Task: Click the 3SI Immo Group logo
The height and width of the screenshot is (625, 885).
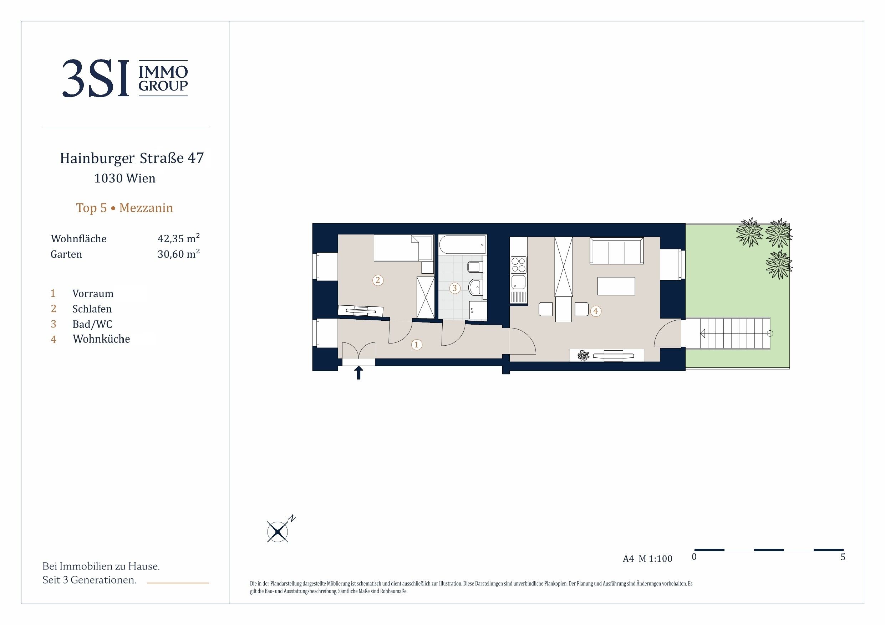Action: [x=125, y=78]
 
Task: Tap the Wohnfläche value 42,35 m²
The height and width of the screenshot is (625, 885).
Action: [x=178, y=238]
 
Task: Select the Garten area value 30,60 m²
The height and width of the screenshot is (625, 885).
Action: [x=178, y=254]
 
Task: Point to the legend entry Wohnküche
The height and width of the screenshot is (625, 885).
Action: [x=101, y=339]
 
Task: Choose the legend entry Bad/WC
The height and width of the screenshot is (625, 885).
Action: [x=92, y=324]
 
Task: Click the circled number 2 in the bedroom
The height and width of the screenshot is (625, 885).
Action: [x=378, y=280]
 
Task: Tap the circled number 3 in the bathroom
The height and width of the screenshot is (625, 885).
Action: [x=455, y=288]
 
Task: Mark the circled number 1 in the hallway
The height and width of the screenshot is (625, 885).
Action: [x=416, y=344]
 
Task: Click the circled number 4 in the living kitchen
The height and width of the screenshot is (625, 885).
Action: [x=596, y=311]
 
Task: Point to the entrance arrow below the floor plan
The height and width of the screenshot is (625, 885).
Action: [x=358, y=372]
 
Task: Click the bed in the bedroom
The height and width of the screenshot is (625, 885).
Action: [x=403, y=248]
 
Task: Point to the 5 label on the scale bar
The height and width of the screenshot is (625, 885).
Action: [x=843, y=557]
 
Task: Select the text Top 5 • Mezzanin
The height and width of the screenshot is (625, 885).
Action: [x=124, y=208]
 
